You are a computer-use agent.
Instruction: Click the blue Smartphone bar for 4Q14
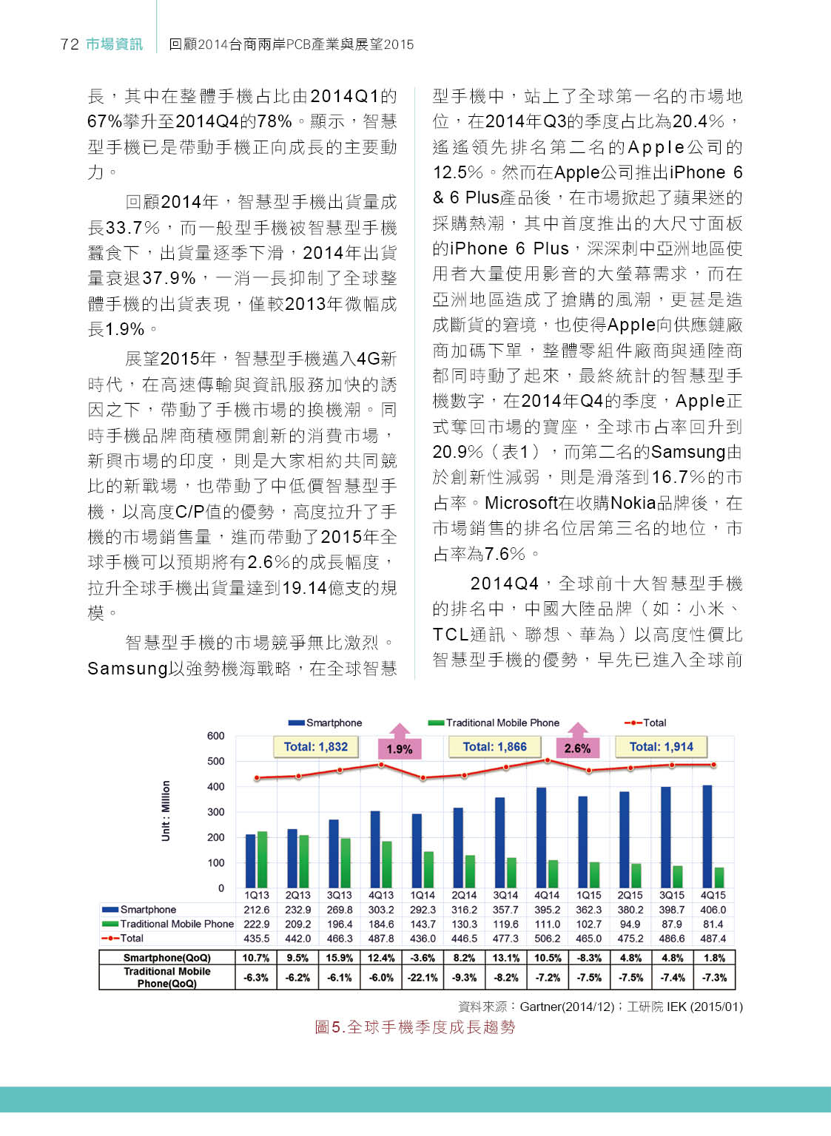click(x=541, y=837)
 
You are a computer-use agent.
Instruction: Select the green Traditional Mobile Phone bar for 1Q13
click(x=262, y=859)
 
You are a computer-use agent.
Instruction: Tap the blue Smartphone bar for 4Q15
click(x=707, y=836)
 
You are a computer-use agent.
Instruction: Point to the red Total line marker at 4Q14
click(x=548, y=760)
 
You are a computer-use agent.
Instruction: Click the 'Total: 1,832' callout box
click(x=316, y=747)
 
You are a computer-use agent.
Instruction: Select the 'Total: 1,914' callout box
click(x=661, y=747)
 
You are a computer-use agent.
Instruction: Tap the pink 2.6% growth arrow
click(x=577, y=742)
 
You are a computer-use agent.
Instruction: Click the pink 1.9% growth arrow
click(x=400, y=742)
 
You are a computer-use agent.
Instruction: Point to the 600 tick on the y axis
click(x=216, y=736)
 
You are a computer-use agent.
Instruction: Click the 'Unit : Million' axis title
click(x=166, y=811)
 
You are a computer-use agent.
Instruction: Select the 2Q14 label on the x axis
click(x=464, y=895)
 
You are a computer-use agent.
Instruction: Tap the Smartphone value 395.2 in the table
click(x=548, y=910)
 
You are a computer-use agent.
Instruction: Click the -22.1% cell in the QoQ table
click(x=423, y=977)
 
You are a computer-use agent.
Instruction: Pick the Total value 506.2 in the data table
click(x=548, y=938)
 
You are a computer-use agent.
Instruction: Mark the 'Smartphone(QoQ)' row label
click(x=167, y=958)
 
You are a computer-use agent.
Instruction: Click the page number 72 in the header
click(x=70, y=44)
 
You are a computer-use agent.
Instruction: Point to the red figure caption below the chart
click(x=414, y=1027)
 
